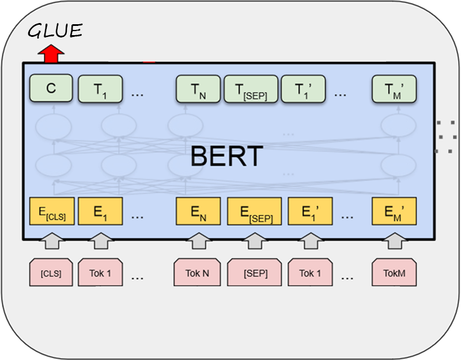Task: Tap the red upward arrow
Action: [51, 54]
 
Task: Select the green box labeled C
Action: [51, 89]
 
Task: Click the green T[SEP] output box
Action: [251, 89]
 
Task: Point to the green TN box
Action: [197, 89]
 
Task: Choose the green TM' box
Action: [394, 89]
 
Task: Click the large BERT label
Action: [226, 156]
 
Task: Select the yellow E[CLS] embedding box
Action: [52, 211]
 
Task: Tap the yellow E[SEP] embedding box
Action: [255, 211]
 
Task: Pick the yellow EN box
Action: [197, 211]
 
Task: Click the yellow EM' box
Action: [394, 211]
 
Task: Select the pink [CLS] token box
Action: [51, 273]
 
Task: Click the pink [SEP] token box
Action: [255, 273]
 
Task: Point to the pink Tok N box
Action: [197, 273]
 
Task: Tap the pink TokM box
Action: [394, 273]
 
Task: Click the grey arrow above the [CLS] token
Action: [51, 241]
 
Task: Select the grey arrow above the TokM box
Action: [394, 241]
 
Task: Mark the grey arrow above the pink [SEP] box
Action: [255, 241]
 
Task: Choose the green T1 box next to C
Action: [100, 89]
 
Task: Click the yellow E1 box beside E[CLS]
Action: [100, 211]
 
